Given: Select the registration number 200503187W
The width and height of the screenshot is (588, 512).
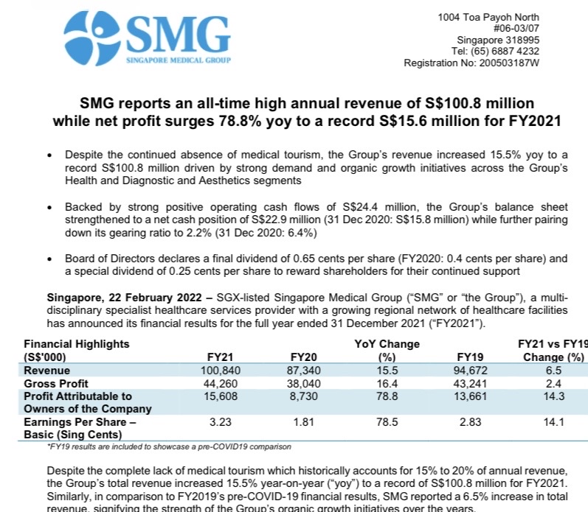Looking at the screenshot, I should click(508, 63).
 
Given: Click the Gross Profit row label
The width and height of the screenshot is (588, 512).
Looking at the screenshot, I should click(56, 384).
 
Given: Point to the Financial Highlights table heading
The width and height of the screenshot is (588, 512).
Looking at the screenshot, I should click(76, 344).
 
